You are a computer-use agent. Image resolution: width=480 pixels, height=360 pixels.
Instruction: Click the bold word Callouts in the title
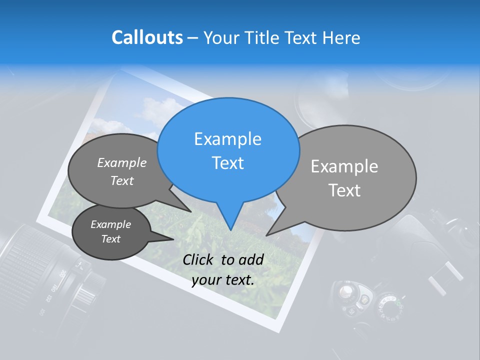[x=147, y=37]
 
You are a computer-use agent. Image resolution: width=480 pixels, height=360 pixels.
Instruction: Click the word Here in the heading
[x=341, y=38]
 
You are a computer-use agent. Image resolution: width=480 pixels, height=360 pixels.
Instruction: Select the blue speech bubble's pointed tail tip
[x=230, y=230]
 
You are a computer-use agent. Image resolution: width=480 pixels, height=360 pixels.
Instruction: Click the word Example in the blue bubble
[x=227, y=139]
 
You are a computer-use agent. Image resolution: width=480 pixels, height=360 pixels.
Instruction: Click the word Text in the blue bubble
[x=227, y=163]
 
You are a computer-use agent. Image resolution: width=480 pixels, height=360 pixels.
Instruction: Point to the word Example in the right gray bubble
[x=344, y=166]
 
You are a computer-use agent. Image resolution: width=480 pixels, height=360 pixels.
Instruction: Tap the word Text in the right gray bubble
[x=344, y=190]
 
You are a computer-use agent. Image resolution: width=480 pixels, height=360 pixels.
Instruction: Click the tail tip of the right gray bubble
[x=266, y=235]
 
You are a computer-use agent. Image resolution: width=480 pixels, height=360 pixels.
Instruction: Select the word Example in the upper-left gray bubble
[x=122, y=163]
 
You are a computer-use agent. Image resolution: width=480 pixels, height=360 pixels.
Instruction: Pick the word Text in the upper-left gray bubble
[x=122, y=181]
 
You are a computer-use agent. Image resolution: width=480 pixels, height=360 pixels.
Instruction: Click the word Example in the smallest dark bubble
[x=110, y=224]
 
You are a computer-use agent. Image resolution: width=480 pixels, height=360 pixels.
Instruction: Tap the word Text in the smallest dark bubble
[x=110, y=239]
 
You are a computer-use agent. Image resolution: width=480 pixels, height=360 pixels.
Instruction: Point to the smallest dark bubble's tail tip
[x=173, y=239]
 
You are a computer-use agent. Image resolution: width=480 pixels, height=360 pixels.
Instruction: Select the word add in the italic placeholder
[x=251, y=259]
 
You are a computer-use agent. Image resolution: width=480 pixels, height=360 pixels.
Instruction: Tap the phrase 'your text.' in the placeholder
[x=223, y=280]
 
